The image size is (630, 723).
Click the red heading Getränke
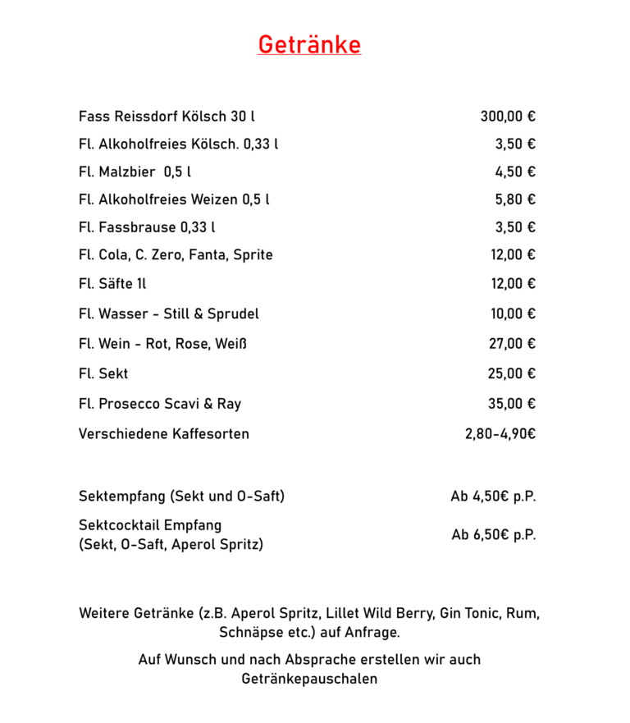[x=309, y=44]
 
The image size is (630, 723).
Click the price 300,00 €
[x=508, y=117]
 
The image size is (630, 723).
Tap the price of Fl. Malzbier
[x=515, y=172]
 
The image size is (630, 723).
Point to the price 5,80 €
[x=515, y=199]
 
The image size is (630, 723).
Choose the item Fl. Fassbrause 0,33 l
[x=148, y=227]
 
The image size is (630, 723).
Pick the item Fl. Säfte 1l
[x=112, y=284]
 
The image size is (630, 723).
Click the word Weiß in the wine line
[x=231, y=344]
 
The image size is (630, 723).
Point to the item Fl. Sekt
[x=103, y=374]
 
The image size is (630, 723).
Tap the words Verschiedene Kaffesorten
[x=164, y=433]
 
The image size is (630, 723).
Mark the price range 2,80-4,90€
[x=500, y=433]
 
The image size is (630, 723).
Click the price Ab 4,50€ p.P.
[x=493, y=496]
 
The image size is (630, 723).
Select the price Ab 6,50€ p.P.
[x=494, y=535]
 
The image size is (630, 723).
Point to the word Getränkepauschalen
[x=309, y=680]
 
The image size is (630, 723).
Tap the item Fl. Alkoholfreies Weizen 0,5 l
[x=174, y=199]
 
